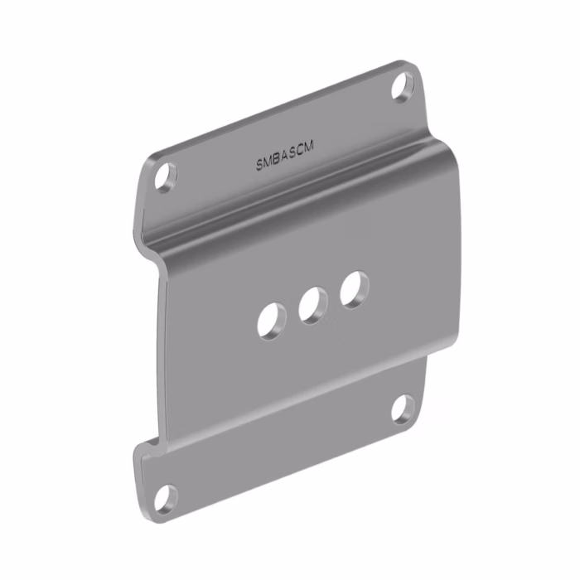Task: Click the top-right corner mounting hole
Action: pyautogui.click(x=404, y=87)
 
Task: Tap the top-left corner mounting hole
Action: pyautogui.click(x=166, y=177)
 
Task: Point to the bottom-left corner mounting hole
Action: pyautogui.click(x=166, y=499)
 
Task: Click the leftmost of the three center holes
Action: pyautogui.click(x=272, y=321)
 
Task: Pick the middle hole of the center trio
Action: pyautogui.click(x=313, y=306)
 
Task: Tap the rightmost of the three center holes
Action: pyautogui.click(x=355, y=290)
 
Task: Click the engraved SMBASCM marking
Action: pyautogui.click(x=285, y=156)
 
